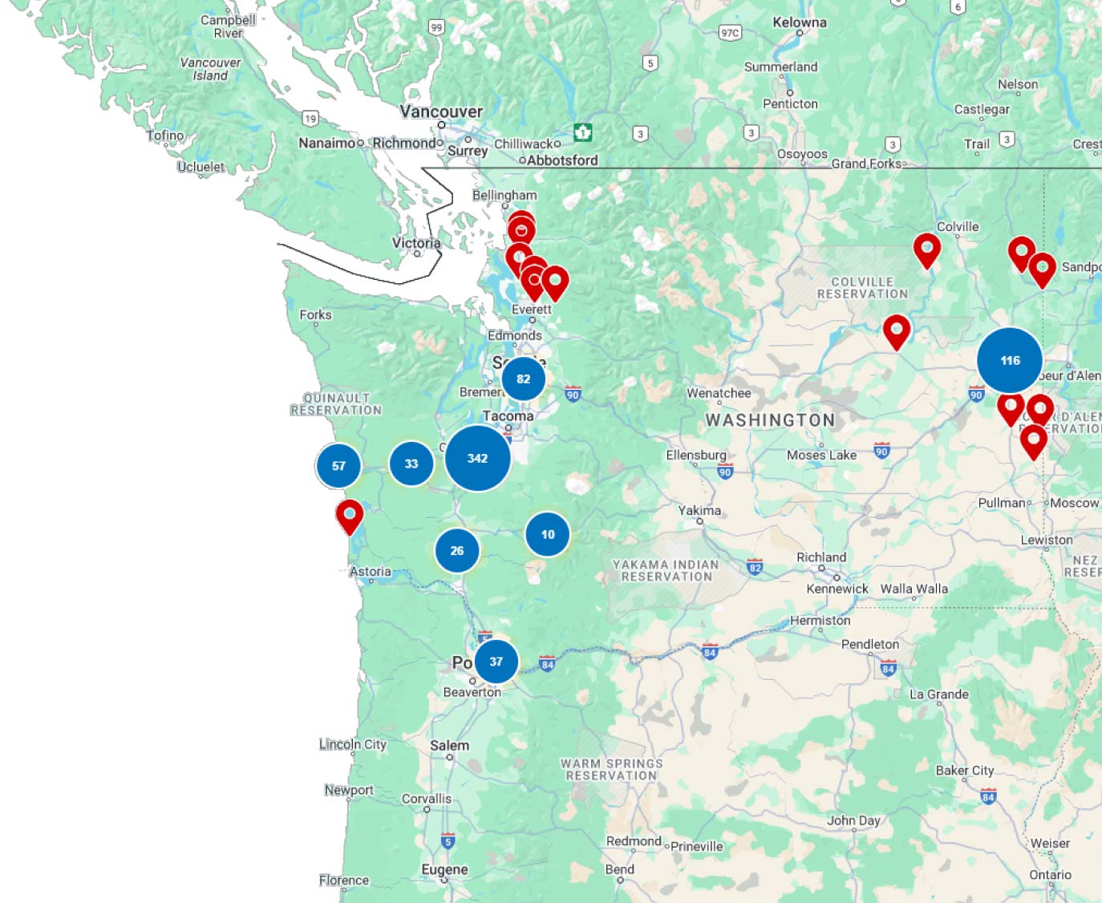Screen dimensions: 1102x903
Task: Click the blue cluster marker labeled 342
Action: point(477,458)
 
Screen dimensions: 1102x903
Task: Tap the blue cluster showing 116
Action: point(1009,360)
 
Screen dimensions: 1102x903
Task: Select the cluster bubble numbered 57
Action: point(338,465)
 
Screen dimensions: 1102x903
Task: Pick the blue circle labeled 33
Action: point(411,464)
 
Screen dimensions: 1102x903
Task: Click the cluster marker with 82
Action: point(523,379)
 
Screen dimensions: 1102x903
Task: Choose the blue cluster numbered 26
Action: point(457,551)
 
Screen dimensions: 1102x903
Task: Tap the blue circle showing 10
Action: point(548,534)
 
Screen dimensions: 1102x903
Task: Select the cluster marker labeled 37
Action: point(496,662)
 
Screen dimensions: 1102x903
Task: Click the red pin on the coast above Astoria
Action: point(350,515)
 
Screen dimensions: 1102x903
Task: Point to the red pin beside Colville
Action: point(927,249)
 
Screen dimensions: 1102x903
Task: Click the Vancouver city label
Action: point(441,111)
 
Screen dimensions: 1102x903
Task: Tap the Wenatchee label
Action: point(719,393)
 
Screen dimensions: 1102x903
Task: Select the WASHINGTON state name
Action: point(770,420)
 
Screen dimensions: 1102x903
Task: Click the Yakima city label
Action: point(699,510)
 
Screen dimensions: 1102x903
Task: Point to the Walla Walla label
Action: point(914,589)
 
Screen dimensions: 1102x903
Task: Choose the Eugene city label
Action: point(444,869)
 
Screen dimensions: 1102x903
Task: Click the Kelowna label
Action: point(799,22)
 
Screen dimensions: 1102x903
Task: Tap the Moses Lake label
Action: point(821,455)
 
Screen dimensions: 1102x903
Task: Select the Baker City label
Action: point(964,770)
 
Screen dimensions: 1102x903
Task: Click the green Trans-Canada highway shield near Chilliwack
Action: point(583,132)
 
